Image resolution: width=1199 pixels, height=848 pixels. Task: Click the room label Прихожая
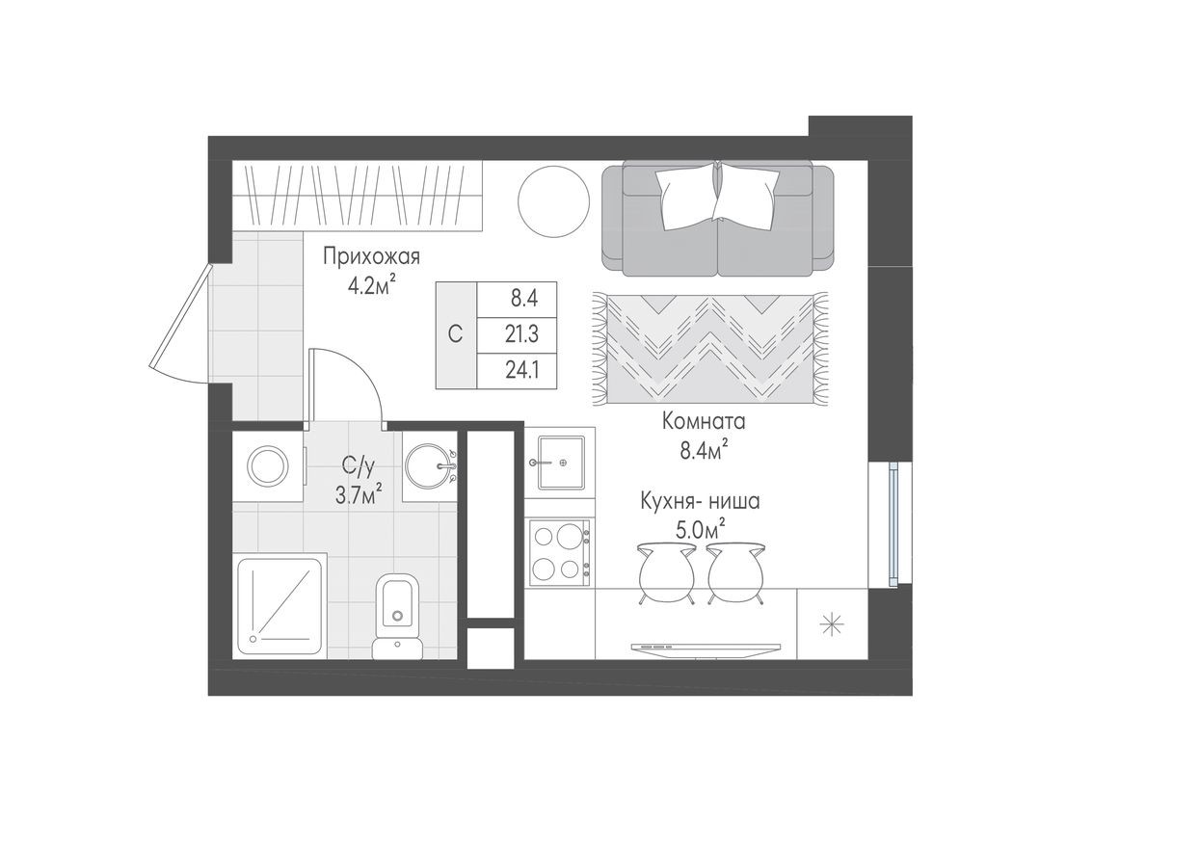click(371, 257)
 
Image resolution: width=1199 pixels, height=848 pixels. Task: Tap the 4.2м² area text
click(371, 285)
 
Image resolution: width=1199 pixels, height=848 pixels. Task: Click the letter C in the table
click(456, 334)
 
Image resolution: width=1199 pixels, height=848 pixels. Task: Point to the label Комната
click(704, 421)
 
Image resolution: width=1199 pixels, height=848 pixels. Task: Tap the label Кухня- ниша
click(701, 501)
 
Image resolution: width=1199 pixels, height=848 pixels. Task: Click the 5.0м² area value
click(701, 529)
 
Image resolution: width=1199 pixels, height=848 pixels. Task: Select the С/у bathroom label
click(358, 467)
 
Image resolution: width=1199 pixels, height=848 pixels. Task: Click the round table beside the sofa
click(553, 201)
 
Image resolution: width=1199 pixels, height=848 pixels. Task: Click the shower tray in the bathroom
click(280, 605)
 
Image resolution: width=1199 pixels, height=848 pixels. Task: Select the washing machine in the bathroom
click(268, 466)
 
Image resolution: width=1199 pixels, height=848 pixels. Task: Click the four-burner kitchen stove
click(560, 552)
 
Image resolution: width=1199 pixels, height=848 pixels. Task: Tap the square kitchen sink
click(560, 462)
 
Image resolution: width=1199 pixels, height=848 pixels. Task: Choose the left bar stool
click(667, 573)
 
